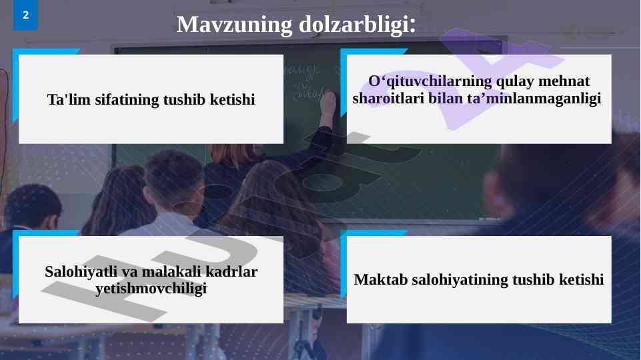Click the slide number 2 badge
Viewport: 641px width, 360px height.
[x=25, y=15]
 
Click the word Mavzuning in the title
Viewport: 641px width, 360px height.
[x=234, y=25]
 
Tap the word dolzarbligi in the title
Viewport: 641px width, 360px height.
[x=354, y=25]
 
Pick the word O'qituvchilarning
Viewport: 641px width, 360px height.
[x=430, y=81]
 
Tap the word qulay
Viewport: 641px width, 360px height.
[x=515, y=81]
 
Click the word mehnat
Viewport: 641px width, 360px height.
[x=564, y=81]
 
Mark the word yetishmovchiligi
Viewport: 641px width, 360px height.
[x=151, y=289]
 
